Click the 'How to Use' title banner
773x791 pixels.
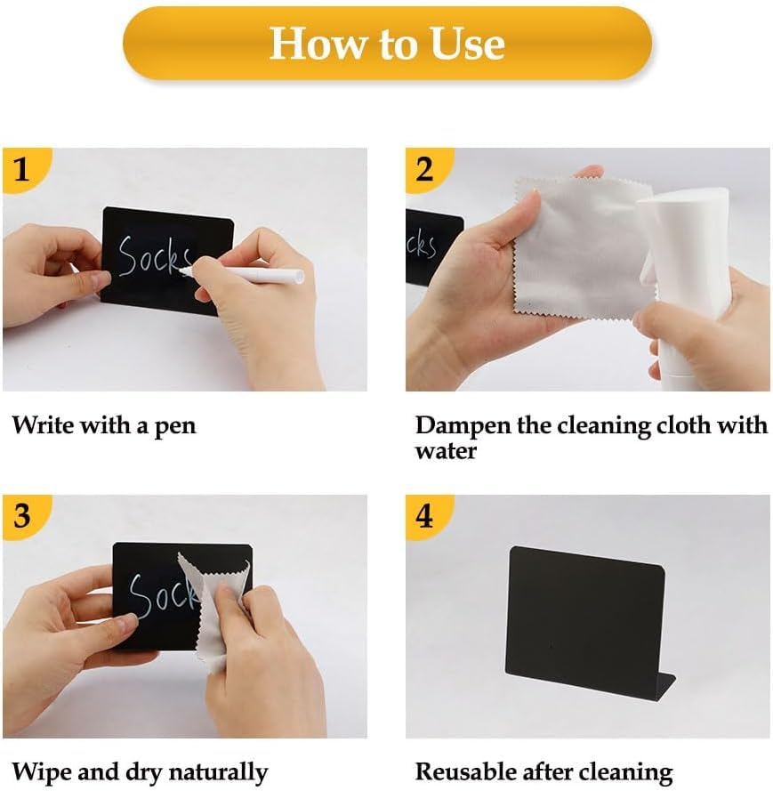[x=387, y=43]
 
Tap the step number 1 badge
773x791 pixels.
[x=24, y=169]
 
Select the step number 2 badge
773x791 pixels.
[x=427, y=169]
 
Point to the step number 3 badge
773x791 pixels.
[x=24, y=516]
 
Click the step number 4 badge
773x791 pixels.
[x=427, y=516]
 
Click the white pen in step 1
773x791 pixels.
[x=242, y=274]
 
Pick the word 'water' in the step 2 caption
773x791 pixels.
[x=446, y=451]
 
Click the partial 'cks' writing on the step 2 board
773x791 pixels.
[x=421, y=246]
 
